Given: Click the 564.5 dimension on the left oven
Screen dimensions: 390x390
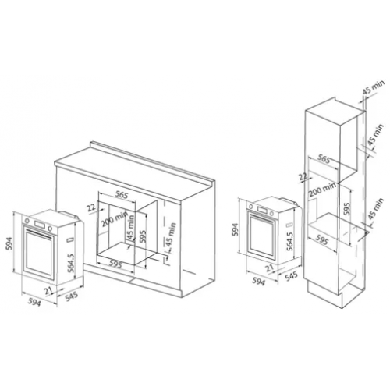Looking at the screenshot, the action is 71,263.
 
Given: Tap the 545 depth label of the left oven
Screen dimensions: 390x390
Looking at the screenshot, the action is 72,297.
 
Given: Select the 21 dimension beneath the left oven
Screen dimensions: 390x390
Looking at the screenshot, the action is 48,290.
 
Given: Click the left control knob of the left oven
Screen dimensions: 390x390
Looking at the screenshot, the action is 27,221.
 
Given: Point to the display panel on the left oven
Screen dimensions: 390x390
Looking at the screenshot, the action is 39,224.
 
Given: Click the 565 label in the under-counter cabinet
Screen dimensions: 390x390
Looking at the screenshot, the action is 122,194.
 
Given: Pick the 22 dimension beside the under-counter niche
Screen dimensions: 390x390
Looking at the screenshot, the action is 91,207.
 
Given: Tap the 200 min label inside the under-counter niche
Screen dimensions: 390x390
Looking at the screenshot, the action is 115,219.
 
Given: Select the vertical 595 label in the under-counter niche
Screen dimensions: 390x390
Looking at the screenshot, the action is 142,236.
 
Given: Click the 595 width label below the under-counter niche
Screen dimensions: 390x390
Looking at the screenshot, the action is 115,264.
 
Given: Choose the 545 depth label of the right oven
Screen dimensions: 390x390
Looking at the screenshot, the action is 292,277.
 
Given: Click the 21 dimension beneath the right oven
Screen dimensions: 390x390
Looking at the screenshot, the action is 269,268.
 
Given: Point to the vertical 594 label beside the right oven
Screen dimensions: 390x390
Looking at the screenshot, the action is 235,229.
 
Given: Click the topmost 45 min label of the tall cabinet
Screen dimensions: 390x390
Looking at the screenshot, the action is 373,87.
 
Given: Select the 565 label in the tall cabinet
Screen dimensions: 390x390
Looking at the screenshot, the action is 324,159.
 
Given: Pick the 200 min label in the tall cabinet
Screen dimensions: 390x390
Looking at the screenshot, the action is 322,190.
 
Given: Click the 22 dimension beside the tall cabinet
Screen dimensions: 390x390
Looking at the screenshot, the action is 303,177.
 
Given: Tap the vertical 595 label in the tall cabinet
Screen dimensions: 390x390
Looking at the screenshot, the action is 347,208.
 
